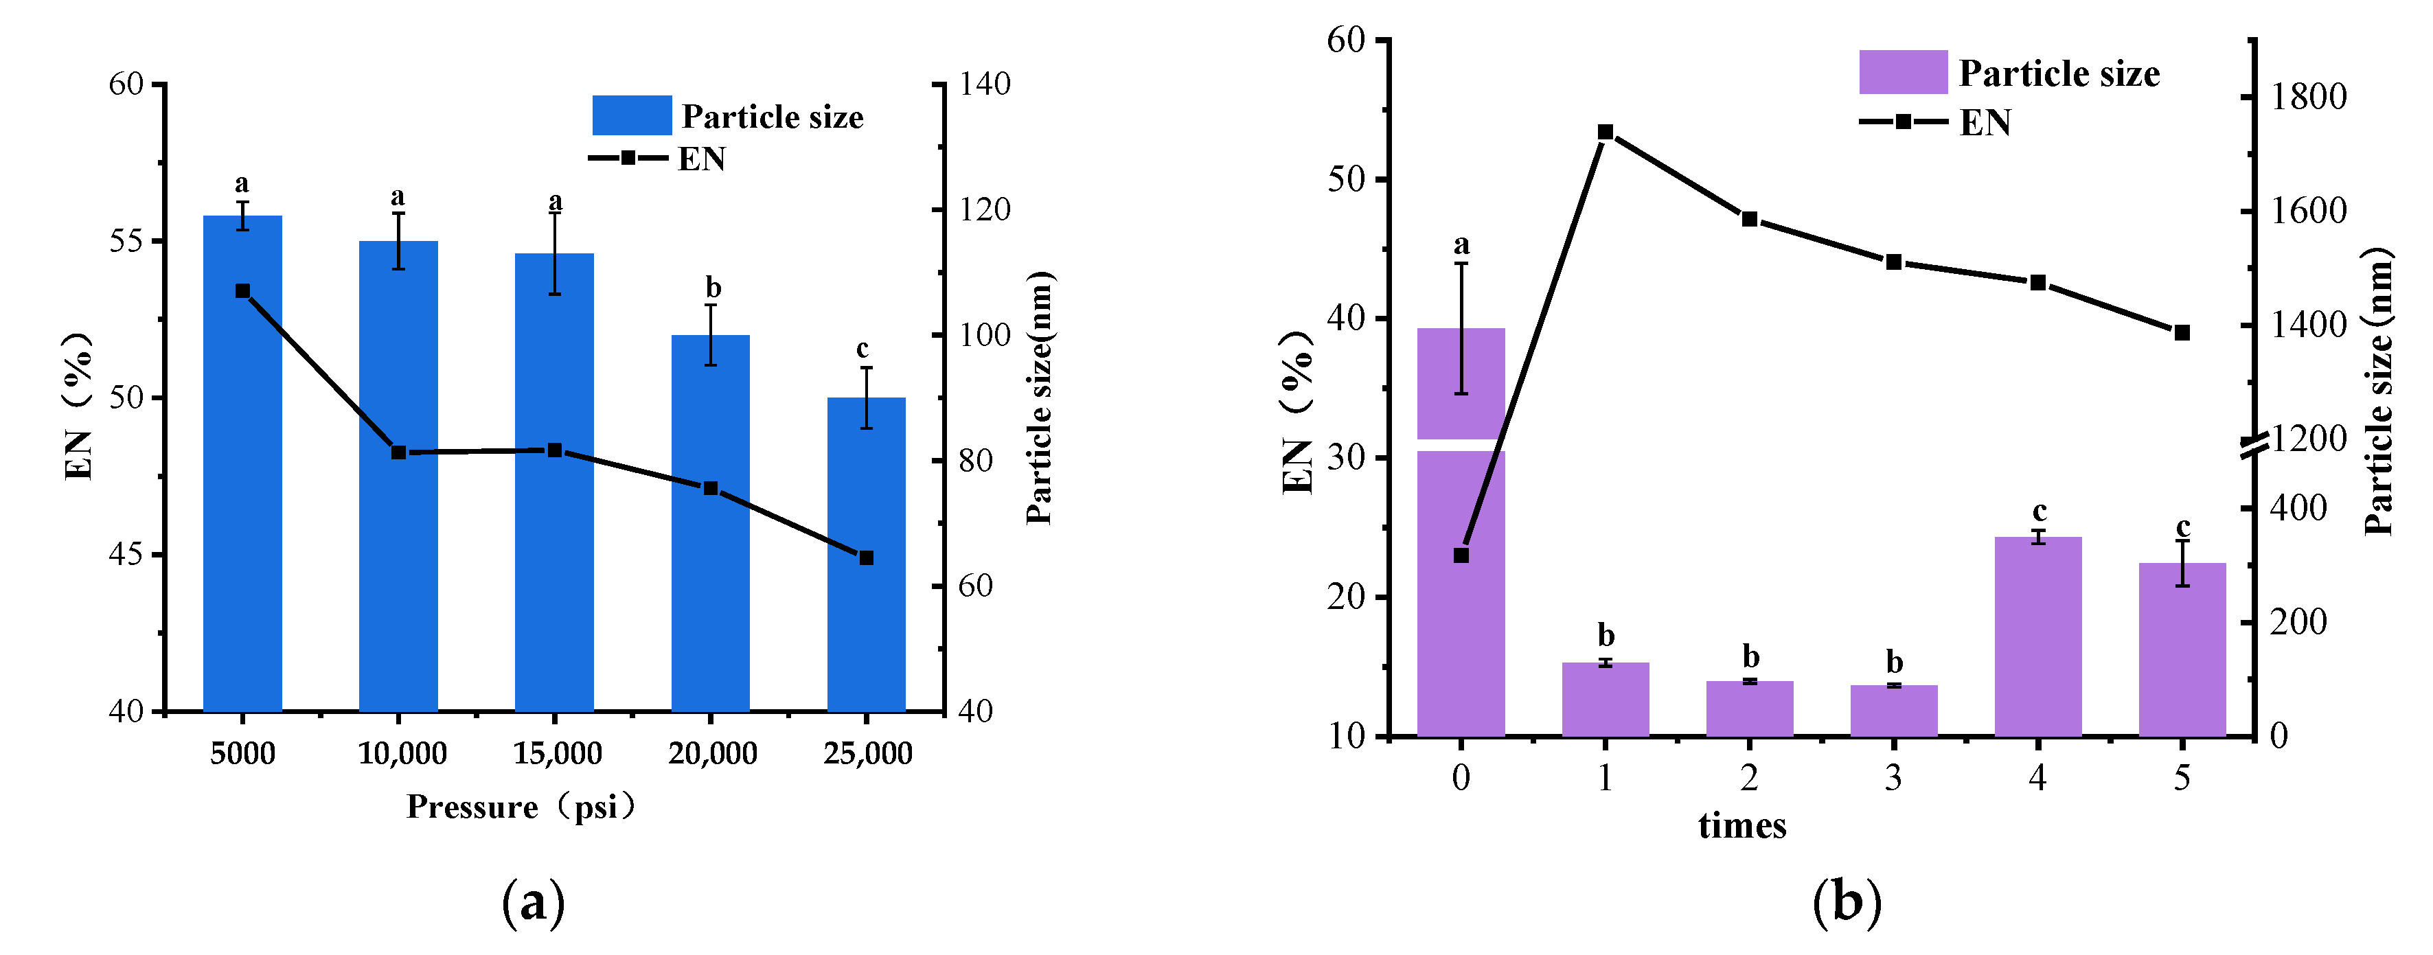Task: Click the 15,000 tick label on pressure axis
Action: (557, 753)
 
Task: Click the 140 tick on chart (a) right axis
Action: (985, 84)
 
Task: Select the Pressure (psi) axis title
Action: (521, 807)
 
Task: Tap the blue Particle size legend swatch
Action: (632, 115)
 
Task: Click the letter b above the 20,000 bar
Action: (713, 287)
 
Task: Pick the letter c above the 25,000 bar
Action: (863, 349)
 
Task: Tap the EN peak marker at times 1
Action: (1605, 133)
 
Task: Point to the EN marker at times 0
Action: (1461, 555)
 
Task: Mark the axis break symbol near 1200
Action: (2254, 446)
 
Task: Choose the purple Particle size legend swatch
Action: (1903, 73)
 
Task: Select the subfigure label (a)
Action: (534, 902)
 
